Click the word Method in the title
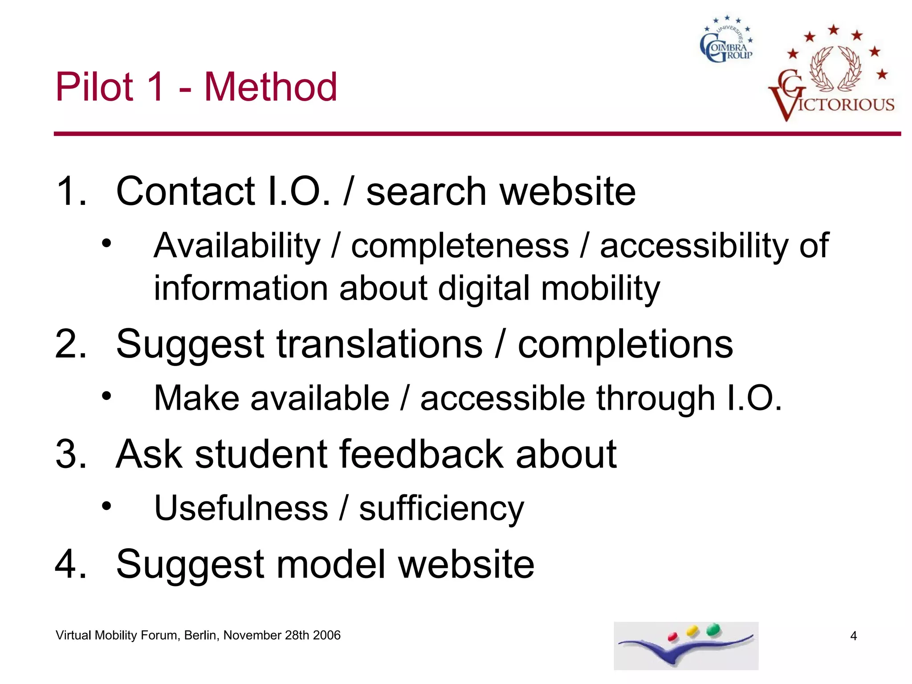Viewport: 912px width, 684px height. (x=271, y=87)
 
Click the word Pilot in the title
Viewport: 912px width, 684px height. (x=94, y=87)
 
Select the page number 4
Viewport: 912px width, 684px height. (x=853, y=636)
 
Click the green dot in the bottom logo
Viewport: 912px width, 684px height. (x=714, y=629)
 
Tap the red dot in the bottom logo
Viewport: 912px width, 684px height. (x=672, y=637)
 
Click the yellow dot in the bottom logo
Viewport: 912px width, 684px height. (x=692, y=631)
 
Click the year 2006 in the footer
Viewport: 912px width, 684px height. (x=326, y=635)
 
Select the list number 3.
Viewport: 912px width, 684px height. (x=70, y=454)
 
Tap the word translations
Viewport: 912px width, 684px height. (x=379, y=344)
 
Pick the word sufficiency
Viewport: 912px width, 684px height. (x=441, y=509)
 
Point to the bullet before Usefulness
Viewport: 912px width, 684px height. (x=106, y=506)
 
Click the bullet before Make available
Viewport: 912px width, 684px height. (x=106, y=395)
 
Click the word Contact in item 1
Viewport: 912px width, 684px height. (x=185, y=191)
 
